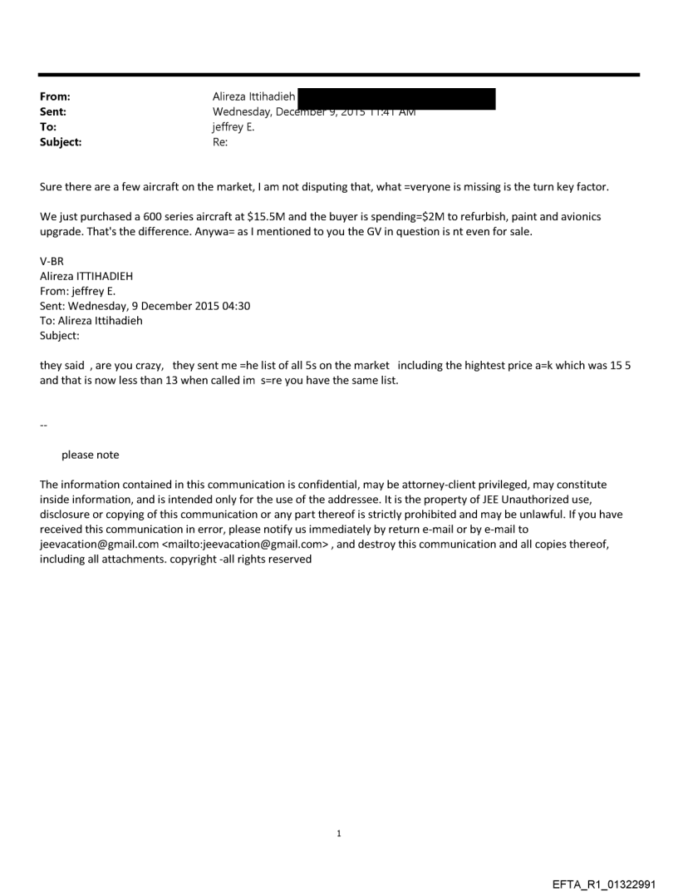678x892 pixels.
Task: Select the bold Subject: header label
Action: (x=61, y=142)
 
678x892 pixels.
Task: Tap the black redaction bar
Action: (x=396, y=99)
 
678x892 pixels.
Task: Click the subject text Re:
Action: (x=220, y=142)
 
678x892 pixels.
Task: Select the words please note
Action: (x=90, y=455)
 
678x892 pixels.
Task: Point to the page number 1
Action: (x=339, y=833)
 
